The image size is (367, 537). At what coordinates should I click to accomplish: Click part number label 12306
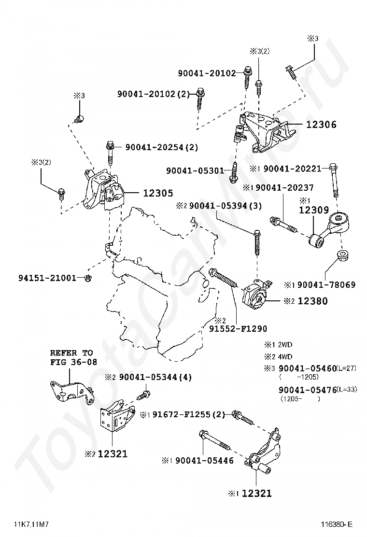(321, 125)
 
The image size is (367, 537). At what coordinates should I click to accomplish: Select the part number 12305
(157, 193)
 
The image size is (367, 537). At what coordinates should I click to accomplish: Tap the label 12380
(312, 301)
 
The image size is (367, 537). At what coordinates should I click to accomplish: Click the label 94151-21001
(47, 278)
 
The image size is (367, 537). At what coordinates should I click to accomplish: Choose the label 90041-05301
(195, 171)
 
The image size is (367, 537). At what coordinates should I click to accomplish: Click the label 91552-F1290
(238, 328)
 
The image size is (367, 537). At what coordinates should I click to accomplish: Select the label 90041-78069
(326, 285)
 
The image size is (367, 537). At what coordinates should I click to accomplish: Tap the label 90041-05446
(204, 461)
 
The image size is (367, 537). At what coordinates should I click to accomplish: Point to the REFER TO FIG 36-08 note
(71, 357)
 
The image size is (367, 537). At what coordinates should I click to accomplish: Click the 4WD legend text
(284, 357)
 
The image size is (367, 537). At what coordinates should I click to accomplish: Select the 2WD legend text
(284, 345)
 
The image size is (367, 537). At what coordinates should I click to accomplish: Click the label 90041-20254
(162, 147)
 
